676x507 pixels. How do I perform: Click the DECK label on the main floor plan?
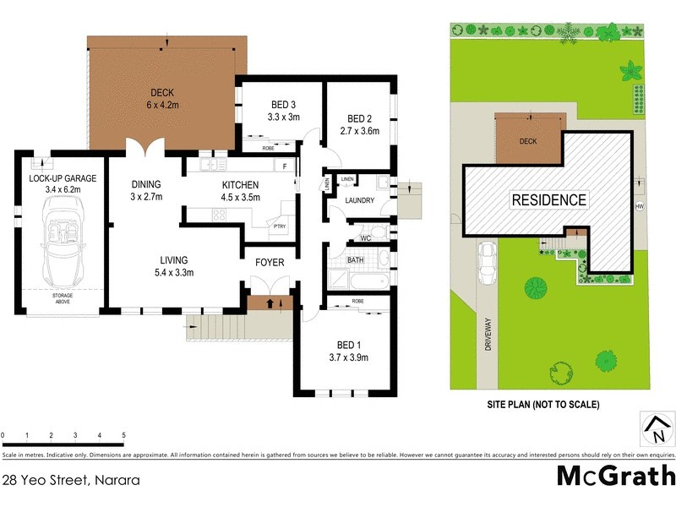pyautogui.click(x=161, y=93)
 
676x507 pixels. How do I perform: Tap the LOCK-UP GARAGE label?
pyautogui.click(x=63, y=178)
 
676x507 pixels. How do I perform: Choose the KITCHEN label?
pyautogui.click(x=240, y=186)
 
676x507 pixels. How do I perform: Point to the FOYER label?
pyautogui.click(x=270, y=263)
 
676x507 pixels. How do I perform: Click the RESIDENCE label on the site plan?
pyautogui.click(x=548, y=200)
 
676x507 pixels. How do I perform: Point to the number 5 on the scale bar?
pyautogui.click(x=123, y=436)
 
